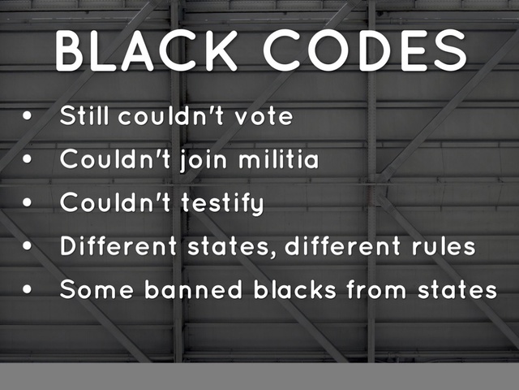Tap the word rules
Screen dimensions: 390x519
[443, 246]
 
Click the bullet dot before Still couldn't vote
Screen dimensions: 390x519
[28, 117]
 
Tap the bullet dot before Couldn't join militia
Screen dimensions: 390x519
[28, 160]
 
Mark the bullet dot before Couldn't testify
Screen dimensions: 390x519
[28, 203]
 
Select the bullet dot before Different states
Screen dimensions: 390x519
[28, 246]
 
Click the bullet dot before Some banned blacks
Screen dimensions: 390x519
[28, 289]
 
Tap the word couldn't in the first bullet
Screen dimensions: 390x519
[175, 116]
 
